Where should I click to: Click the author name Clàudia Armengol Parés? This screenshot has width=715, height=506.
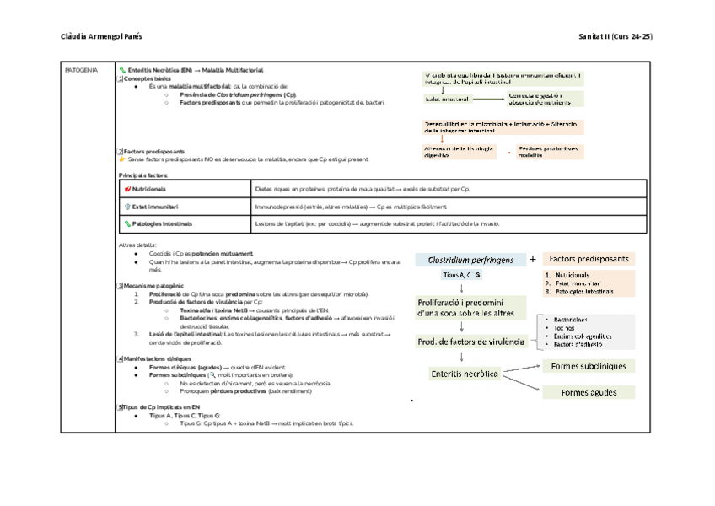pyautogui.click(x=103, y=37)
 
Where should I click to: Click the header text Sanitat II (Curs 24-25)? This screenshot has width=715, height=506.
pyautogui.click(x=616, y=37)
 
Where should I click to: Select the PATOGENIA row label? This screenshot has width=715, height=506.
pyautogui.click(x=82, y=69)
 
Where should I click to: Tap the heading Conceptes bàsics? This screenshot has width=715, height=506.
pyautogui.click(x=147, y=78)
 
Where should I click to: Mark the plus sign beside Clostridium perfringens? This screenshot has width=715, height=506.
pyautogui.click(x=533, y=260)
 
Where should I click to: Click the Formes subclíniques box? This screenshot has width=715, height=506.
pyautogui.click(x=589, y=367)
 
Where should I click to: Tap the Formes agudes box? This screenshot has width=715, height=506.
pyautogui.click(x=589, y=392)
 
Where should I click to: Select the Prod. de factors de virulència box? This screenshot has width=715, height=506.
pyautogui.click(x=472, y=342)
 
